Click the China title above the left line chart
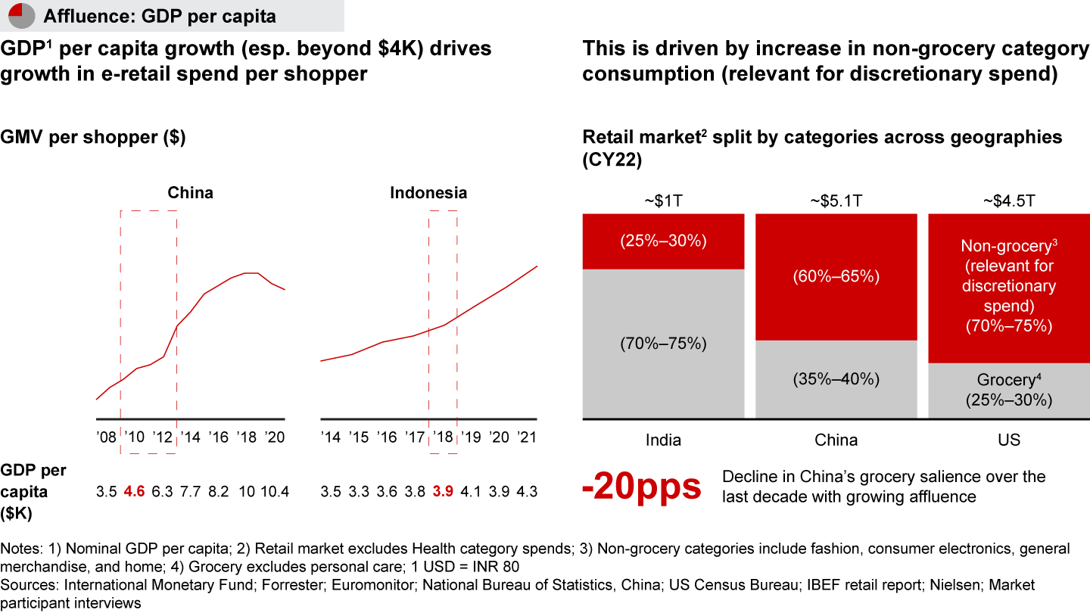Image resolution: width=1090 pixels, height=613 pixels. pos(191,193)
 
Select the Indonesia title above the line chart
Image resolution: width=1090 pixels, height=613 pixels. pos(428,193)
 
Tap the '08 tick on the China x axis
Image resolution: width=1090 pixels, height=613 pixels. pos(107,437)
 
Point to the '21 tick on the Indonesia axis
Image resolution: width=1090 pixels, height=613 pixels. pos(526,437)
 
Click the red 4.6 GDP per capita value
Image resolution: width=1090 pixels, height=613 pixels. pos(135,492)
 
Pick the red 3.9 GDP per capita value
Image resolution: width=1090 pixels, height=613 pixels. pos(444,492)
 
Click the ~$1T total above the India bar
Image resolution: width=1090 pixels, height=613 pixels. pos(663,201)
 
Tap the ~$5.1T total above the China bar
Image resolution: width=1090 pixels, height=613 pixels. pos(836,201)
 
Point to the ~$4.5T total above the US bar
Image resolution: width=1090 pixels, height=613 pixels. pos(1009,201)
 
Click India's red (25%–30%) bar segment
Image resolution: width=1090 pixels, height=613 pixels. pos(663,241)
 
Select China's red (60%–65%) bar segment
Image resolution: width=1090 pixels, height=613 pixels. pos(836,277)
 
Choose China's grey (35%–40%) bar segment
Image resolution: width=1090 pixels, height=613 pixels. pos(836,379)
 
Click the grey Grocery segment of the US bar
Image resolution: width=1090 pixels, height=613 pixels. pos(1009,391)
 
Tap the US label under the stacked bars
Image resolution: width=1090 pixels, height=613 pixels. pos(1009,440)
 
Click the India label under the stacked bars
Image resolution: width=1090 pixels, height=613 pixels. pos(663,440)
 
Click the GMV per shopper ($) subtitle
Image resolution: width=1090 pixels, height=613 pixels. pos(93,138)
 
